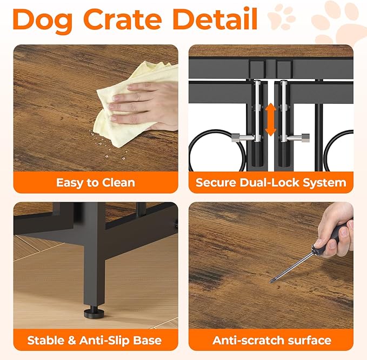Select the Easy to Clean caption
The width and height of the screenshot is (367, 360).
click(x=96, y=183)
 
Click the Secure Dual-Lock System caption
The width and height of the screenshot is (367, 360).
click(x=271, y=183)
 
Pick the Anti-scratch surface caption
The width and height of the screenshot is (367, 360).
click(x=271, y=341)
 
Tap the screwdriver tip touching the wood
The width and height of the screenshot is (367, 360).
click(x=271, y=281)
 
